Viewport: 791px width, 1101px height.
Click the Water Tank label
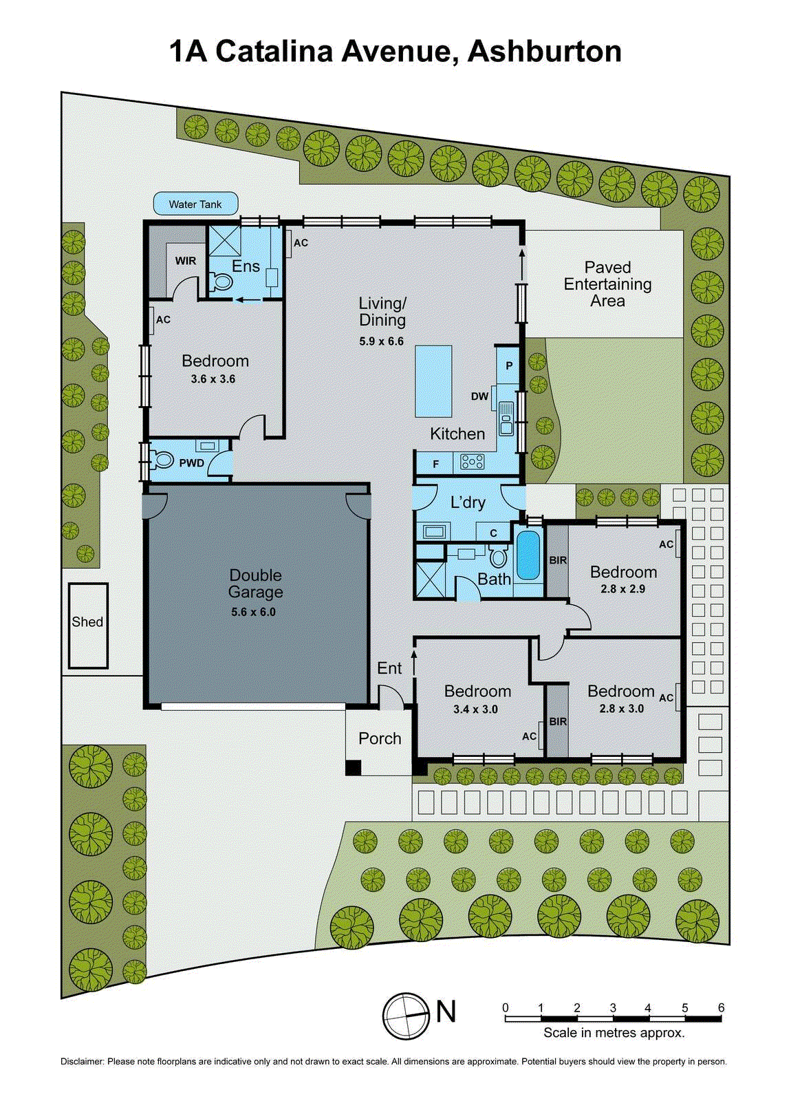click(x=195, y=204)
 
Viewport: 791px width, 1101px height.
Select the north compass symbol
click(x=407, y=1016)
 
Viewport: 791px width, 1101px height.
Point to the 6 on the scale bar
click(x=721, y=1008)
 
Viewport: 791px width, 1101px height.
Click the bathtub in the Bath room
click(x=528, y=555)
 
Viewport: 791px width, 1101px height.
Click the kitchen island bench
click(x=433, y=381)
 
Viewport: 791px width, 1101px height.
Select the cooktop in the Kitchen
click(x=473, y=462)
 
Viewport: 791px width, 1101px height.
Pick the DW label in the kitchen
click(x=479, y=396)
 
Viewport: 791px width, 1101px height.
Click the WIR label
click(x=185, y=261)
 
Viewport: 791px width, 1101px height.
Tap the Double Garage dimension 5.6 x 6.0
click(x=253, y=612)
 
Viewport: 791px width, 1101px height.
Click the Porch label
click(x=380, y=738)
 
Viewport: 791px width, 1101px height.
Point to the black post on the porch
click(x=353, y=767)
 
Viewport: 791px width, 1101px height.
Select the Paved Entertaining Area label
click(x=607, y=284)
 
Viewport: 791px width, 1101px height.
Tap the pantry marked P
click(x=509, y=365)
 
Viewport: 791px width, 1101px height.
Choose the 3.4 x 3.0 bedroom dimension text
click(x=475, y=709)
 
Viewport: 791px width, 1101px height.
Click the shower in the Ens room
click(x=225, y=240)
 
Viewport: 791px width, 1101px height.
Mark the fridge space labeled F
click(x=435, y=464)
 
